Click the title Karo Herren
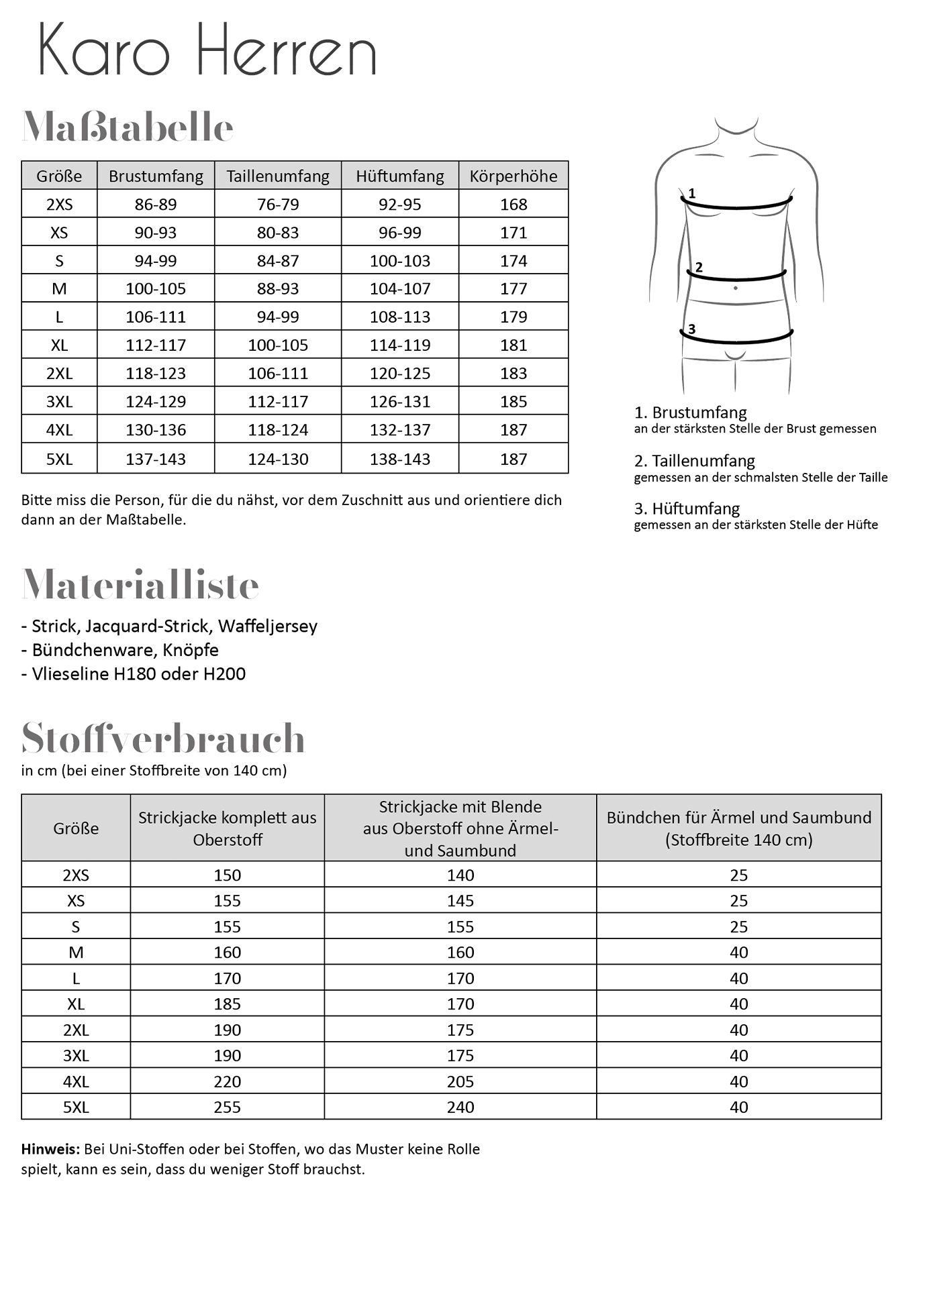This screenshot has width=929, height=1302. [x=207, y=51]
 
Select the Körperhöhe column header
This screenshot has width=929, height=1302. [x=514, y=176]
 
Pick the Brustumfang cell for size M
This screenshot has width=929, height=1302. [x=156, y=288]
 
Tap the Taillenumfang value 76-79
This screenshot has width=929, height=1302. [x=278, y=204]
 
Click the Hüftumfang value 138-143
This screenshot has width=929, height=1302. [x=400, y=459]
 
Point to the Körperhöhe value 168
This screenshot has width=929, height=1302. [x=514, y=204]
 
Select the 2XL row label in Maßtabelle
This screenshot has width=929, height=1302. [x=59, y=373]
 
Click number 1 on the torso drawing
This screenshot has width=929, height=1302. [x=692, y=193]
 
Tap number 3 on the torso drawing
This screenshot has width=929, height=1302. [x=691, y=329]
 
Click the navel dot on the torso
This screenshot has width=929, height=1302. [x=736, y=288]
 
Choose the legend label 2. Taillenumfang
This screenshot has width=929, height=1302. [x=694, y=461]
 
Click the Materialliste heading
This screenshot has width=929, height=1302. [x=140, y=585]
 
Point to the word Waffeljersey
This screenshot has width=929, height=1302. [x=268, y=626]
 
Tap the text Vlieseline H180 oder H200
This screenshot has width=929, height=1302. [x=138, y=673]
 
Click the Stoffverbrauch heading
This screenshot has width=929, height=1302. [x=163, y=738]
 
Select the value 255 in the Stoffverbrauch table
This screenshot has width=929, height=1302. [x=227, y=1107]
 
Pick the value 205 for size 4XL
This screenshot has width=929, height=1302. [x=460, y=1081]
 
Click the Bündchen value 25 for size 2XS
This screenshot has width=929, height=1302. [x=738, y=875]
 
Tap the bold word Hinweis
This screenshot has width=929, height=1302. [x=50, y=1149]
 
